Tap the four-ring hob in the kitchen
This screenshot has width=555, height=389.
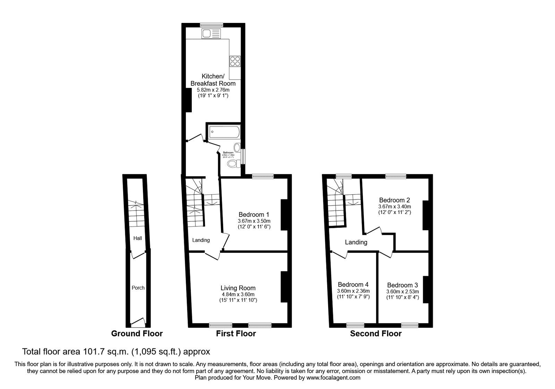[235, 61]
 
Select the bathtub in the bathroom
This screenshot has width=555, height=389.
[224, 132]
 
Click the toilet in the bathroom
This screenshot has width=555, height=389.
[232, 163]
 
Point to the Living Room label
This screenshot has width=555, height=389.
[238, 288]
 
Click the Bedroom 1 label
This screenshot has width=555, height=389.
[254, 215]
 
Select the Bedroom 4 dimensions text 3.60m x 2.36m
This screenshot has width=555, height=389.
[353, 291]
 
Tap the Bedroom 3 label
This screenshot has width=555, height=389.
[402, 285]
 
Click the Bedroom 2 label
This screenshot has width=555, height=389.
[394, 200]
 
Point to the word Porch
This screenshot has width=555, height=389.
[138, 288]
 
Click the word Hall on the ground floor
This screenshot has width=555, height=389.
[138, 238]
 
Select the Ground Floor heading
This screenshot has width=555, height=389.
[137, 334]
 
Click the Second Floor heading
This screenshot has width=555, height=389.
[376, 334]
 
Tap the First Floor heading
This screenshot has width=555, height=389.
[236, 334]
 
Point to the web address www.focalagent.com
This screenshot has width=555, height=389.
[333, 378]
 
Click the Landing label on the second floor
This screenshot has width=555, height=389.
[356, 242]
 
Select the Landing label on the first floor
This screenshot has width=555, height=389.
[201, 240]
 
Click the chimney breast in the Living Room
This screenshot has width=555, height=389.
[284, 287]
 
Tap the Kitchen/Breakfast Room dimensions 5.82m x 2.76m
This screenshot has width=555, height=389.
[213, 90]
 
